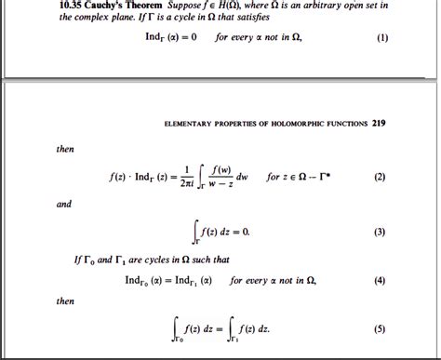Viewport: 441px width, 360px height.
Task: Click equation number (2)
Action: (380, 176)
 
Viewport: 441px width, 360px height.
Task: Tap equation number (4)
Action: (380, 280)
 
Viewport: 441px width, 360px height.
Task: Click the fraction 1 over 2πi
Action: (187, 176)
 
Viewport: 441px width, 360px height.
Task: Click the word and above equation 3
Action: (64, 204)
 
